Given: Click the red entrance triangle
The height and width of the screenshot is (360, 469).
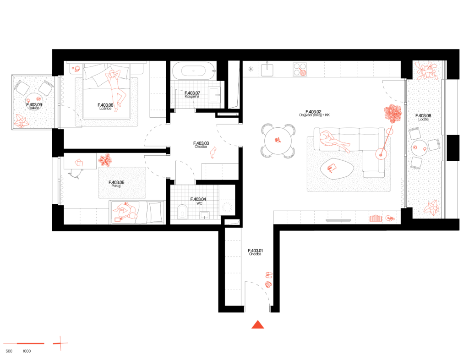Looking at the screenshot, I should [x=257, y=325].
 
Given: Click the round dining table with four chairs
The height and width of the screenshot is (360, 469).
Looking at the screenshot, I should [x=278, y=141].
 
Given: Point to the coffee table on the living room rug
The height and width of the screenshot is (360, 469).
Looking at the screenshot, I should [x=337, y=169].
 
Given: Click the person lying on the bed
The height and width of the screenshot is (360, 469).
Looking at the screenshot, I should [x=115, y=89].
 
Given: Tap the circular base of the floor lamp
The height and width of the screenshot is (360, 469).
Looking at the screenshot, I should [x=381, y=154].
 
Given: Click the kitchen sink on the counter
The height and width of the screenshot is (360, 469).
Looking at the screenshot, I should [x=267, y=70].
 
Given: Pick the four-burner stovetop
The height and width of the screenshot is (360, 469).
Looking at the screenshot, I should [x=300, y=69].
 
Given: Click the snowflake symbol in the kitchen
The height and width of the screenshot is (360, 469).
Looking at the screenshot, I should [x=251, y=69].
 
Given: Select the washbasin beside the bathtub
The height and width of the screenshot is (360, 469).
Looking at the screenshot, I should [x=214, y=94].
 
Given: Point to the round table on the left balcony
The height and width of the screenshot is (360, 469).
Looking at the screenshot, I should [x=34, y=101].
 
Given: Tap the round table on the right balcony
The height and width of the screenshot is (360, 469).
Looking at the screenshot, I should [x=419, y=148].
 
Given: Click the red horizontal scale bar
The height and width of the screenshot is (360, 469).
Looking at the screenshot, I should [x=24, y=343].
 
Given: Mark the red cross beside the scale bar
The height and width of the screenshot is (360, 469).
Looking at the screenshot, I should [x=60, y=343].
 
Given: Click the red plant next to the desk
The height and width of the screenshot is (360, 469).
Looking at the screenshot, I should [x=105, y=160].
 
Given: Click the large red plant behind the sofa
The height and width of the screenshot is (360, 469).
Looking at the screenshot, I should [x=393, y=113].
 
